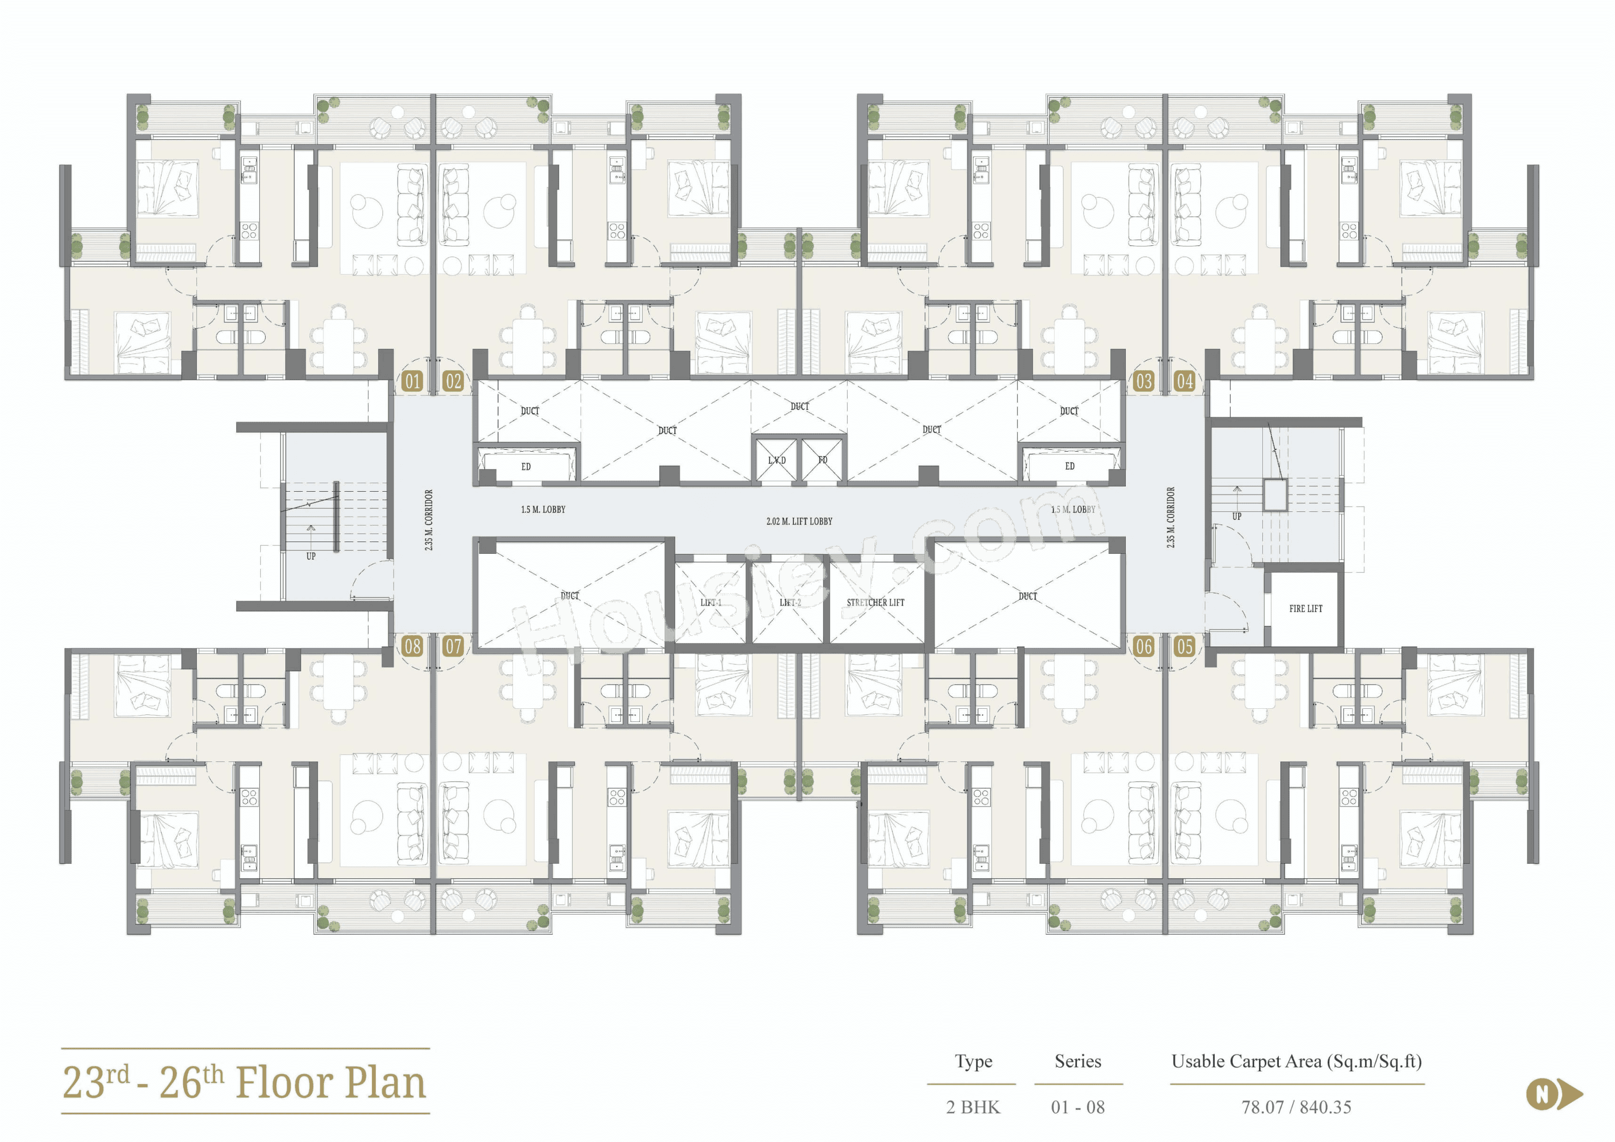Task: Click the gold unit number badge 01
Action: click(412, 381)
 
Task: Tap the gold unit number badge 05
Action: click(1185, 646)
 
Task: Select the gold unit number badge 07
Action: click(453, 646)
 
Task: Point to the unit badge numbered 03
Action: click(1144, 381)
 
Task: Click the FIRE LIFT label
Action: click(1306, 608)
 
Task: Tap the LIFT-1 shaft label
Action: click(711, 602)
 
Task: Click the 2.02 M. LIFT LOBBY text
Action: click(799, 521)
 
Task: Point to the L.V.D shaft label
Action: click(776, 460)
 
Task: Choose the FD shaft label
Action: click(823, 460)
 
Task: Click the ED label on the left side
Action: click(525, 467)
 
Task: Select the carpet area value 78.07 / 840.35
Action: click(1296, 1107)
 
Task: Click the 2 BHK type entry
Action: click(973, 1107)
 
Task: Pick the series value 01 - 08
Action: click(1078, 1107)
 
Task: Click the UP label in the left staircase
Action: click(311, 556)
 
